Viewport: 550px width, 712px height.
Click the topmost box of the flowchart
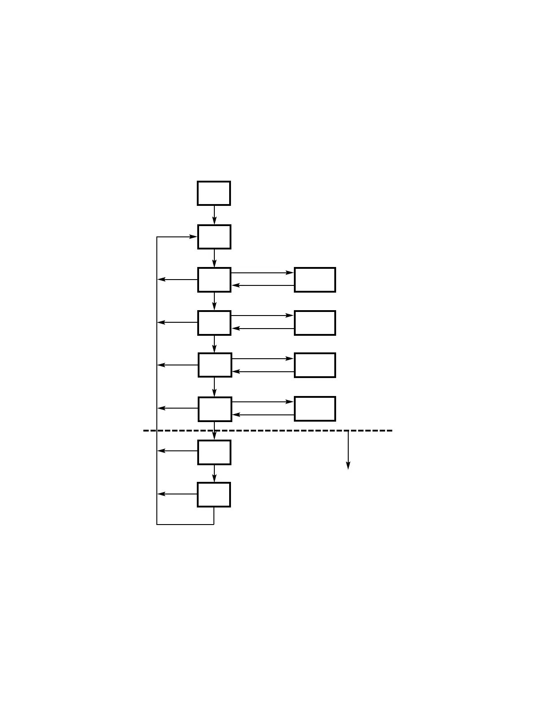coord(214,193)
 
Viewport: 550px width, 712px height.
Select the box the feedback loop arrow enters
coord(214,237)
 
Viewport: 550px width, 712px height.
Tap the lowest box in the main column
coord(214,494)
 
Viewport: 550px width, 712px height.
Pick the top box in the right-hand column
coord(315,280)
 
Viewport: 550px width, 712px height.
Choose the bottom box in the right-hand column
coord(315,409)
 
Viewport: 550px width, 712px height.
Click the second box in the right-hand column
coord(315,323)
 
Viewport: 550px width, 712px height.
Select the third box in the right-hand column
coord(315,365)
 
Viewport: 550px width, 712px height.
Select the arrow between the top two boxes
coord(214,215)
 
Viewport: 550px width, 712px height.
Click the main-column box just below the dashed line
coord(214,452)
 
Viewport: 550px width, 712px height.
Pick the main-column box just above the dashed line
coord(215,409)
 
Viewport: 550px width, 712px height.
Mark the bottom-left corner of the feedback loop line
coord(157,524)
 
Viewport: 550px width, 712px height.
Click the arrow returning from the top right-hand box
coord(263,285)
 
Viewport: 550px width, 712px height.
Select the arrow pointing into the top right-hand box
coord(263,273)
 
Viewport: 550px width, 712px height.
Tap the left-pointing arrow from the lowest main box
coord(177,494)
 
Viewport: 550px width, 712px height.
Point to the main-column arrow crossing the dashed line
coord(214,431)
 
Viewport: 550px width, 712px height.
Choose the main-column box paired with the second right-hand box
coord(214,323)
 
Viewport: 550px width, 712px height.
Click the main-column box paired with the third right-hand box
coord(215,365)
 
